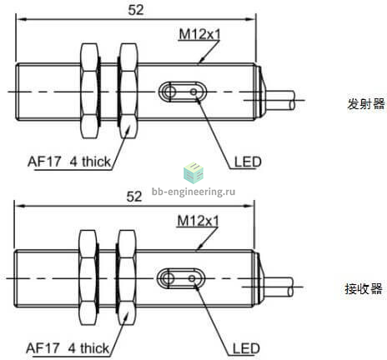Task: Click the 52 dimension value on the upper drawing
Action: click(x=136, y=10)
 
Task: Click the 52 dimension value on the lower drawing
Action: click(x=134, y=197)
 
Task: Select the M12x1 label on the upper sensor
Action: click(x=199, y=35)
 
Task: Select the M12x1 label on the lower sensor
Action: click(x=198, y=221)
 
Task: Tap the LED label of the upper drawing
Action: click(x=248, y=162)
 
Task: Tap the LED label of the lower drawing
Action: click(x=246, y=349)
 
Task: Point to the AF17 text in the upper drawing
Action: click(x=44, y=162)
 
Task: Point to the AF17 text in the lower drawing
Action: click(x=43, y=348)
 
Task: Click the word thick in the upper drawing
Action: click(x=96, y=162)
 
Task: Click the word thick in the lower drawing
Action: click(x=94, y=348)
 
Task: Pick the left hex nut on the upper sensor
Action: click(x=90, y=91)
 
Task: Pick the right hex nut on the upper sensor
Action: click(x=128, y=91)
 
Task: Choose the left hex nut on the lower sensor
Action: click(x=88, y=277)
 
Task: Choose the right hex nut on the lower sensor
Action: click(x=127, y=277)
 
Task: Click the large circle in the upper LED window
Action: click(x=168, y=91)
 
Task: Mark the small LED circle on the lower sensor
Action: click(x=192, y=278)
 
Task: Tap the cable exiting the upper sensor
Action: click(x=280, y=100)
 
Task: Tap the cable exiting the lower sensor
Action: click(x=279, y=287)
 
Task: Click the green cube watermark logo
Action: click(x=193, y=173)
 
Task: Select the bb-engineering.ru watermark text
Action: click(x=193, y=192)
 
